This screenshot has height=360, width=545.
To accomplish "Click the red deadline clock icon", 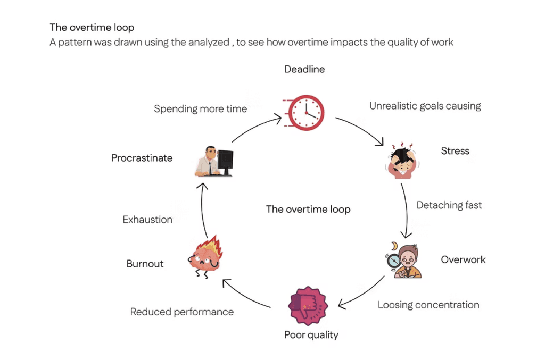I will point(306,112).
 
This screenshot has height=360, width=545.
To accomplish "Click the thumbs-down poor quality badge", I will point(308,307).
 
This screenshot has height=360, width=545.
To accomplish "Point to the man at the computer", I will point(213,161).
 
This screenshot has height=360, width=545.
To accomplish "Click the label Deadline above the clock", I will point(304,69).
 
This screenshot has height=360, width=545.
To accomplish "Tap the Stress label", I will point(455,151).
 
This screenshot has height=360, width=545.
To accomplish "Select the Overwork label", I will point(463,259).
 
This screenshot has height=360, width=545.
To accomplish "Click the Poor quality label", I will point(311,334).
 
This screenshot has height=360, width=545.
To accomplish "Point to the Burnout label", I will point(145,264).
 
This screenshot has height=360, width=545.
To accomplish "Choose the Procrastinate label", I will point(142,158).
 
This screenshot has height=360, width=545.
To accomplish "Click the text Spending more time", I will point(200,109).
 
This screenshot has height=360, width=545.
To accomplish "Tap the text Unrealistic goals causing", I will point(425,106).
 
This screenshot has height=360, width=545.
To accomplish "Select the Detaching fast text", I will point(449,205).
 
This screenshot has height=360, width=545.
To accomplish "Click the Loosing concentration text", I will point(428,305).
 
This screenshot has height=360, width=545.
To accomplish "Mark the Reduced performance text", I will point(181,312).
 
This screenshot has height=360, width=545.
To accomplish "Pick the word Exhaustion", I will point(147,220).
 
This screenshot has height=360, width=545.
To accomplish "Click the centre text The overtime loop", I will point(308,209).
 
